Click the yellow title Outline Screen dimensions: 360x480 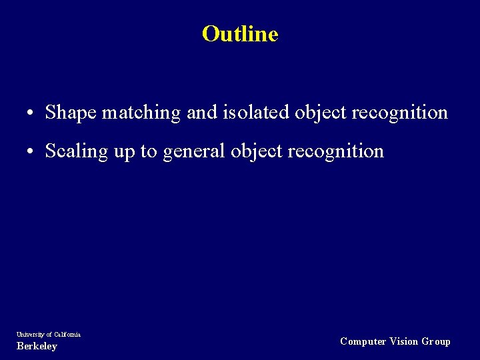[x=240, y=33]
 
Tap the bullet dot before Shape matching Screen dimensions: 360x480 [x=31, y=113]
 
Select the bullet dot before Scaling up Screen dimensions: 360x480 [x=31, y=152]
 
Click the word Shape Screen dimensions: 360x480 [x=71, y=113]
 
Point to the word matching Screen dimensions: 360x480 [x=141, y=113]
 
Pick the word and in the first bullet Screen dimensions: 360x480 [x=201, y=113]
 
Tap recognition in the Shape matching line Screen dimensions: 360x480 [x=399, y=113]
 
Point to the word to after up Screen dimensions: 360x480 [x=149, y=151]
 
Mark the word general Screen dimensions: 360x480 [x=194, y=152]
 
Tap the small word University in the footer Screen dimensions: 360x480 [x=29, y=334]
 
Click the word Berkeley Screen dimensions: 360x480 [x=37, y=346]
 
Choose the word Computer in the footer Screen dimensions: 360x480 [x=363, y=341]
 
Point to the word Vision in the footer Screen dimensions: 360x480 [x=404, y=341]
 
